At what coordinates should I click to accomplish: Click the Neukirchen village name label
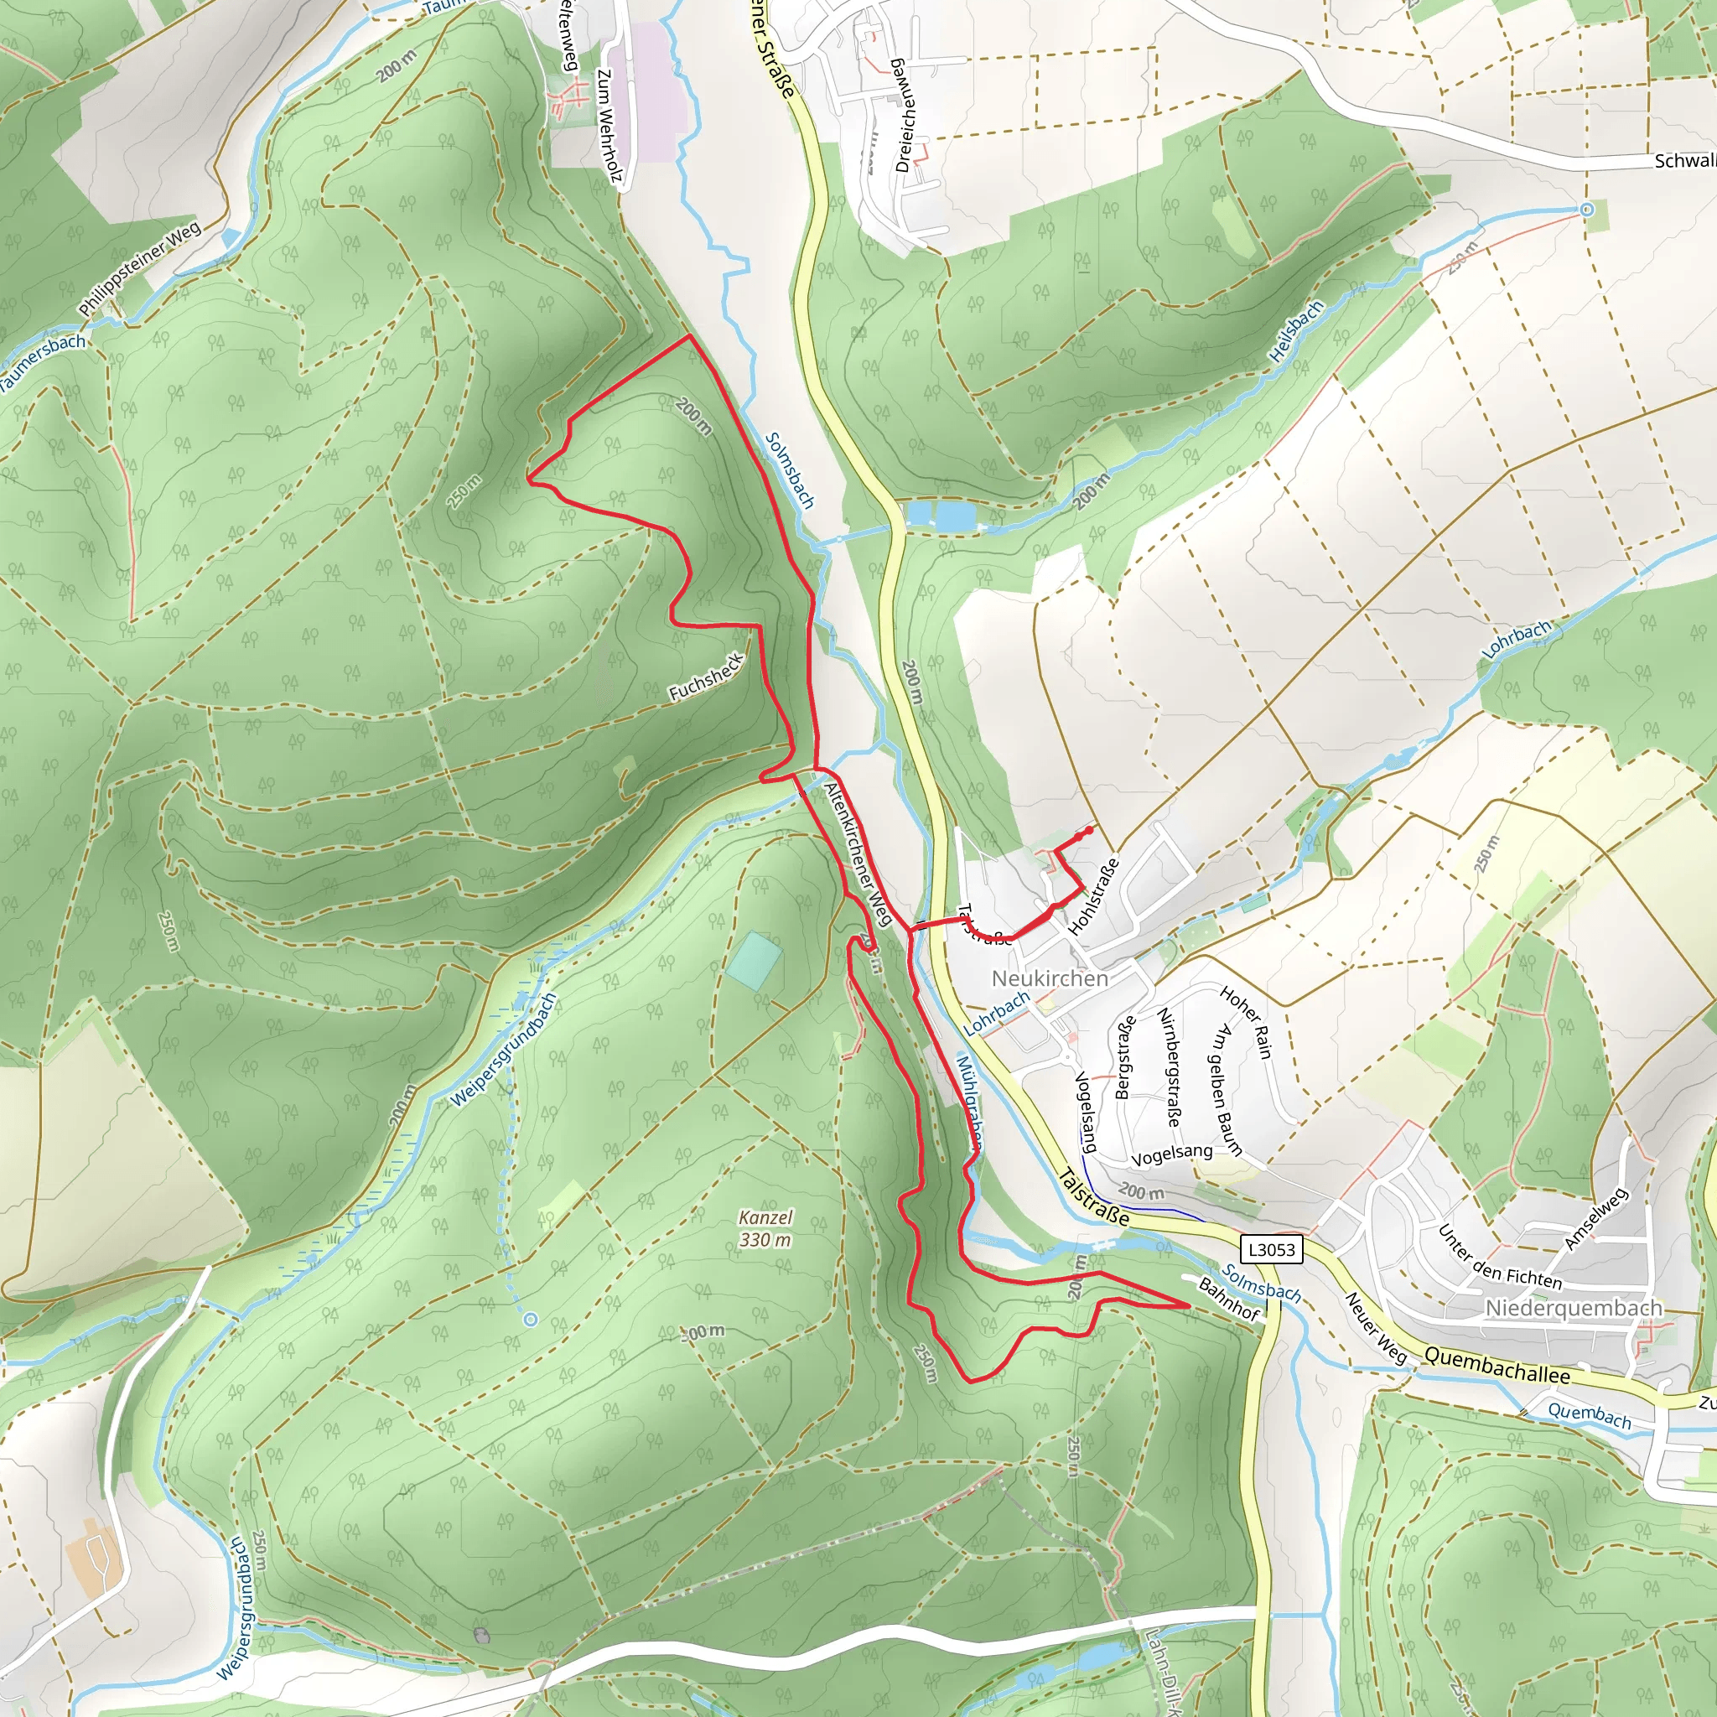[1050, 978]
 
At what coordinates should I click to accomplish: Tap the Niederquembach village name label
[1573, 1308]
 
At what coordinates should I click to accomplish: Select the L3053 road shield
[1272, 1248]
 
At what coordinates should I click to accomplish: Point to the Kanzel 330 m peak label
[765, 1228]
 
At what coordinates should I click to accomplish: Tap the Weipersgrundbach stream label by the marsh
[504, 1050]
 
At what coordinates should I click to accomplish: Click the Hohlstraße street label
[1093, 897]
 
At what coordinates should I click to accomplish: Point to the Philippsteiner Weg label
[139, 270]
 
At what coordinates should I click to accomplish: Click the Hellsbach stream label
[1296, 331]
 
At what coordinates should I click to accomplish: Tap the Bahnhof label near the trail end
[1229, 1299]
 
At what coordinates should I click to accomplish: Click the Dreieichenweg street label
[905, 115]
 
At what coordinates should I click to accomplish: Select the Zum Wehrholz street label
[608, 124]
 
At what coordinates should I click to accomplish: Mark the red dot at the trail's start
[1089, 830]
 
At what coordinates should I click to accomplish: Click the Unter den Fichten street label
[1499, 1258]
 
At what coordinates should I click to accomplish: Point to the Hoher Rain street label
[1246, 1022]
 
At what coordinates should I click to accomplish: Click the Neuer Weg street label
[1376, 1328]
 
